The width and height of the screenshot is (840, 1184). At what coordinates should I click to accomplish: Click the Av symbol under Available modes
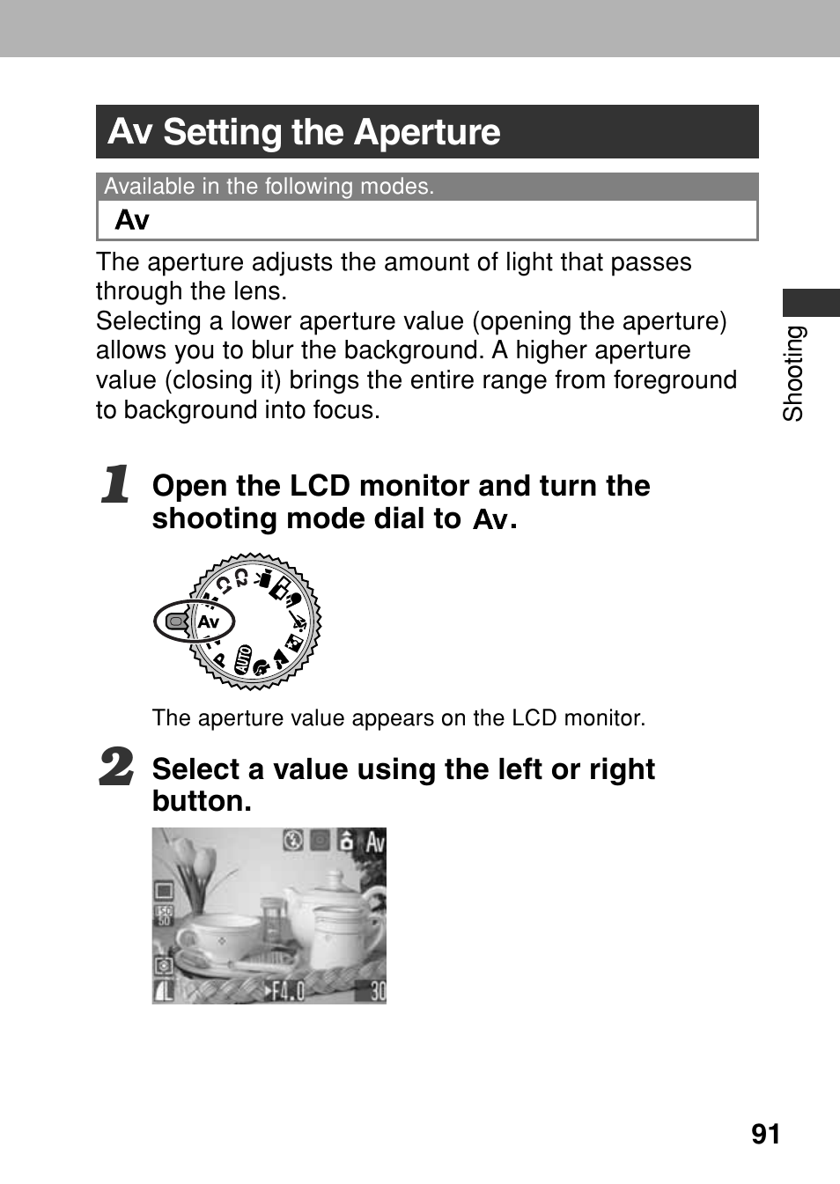click(x=132, y=220)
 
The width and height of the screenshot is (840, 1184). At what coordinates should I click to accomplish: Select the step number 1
click(x=115, y=485)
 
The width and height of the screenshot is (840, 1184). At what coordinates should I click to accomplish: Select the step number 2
click(x=116, y=767)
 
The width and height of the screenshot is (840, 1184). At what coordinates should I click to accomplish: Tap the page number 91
click(x=766, y=1135)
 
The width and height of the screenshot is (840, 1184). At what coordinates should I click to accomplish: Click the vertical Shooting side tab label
click(x=794, y=373)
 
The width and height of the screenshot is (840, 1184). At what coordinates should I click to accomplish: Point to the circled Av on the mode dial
click(x=209, y=622)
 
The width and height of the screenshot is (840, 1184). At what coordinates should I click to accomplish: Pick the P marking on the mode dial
click(x=220, y=658)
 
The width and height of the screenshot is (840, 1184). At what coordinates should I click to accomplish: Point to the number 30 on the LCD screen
click(x=377, y=991)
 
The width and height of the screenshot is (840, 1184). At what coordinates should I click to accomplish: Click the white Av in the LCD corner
click(x=375, y=842)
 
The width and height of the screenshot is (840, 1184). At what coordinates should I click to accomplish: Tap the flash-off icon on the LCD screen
click(x=293, y=842)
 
